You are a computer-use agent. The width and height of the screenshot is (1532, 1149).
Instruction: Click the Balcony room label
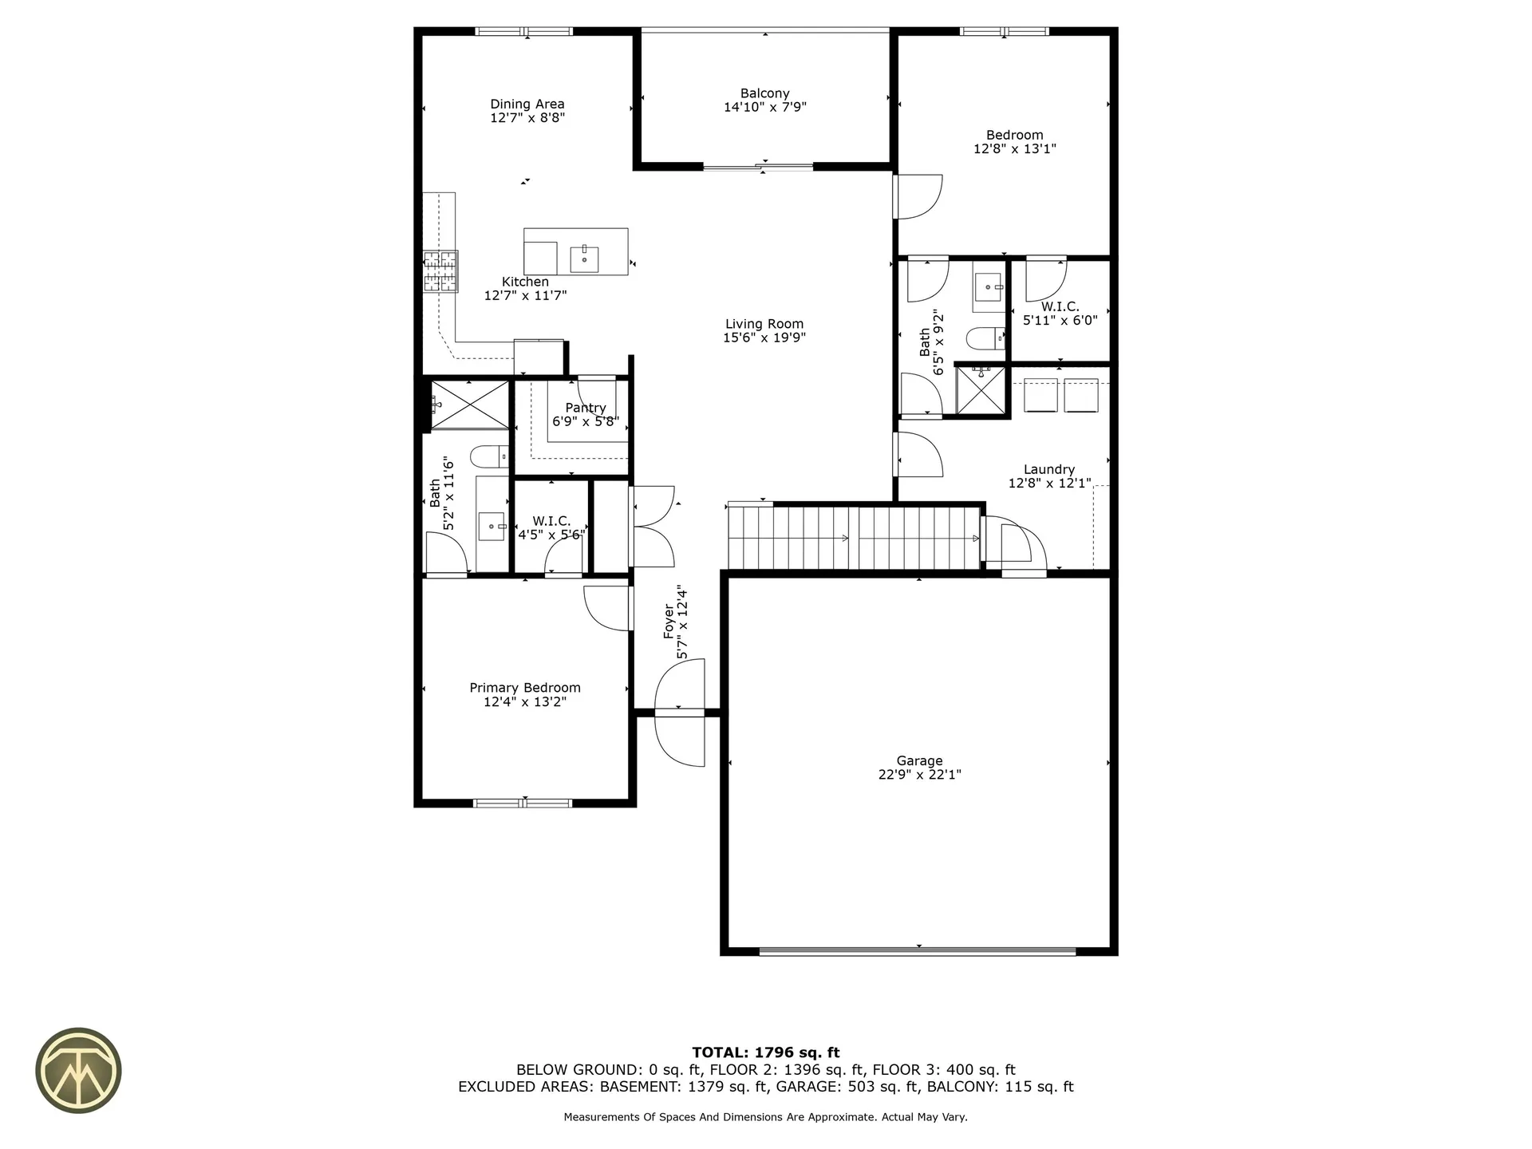(764, 93)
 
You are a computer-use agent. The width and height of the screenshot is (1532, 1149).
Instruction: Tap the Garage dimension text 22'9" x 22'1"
(919, 775)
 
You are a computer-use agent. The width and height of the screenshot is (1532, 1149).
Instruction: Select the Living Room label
(764, 324)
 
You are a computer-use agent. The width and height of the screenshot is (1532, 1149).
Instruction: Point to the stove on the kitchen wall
(440, 271)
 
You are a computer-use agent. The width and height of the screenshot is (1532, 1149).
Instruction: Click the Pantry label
(586, 408)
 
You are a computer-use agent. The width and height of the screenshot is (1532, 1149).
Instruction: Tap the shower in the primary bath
(469, 405)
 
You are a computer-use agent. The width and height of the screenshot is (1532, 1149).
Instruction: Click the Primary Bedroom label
(524, 688)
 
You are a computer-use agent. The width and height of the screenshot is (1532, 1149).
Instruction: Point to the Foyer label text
(669, 622)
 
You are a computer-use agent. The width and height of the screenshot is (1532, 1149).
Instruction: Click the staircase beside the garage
(854, 539)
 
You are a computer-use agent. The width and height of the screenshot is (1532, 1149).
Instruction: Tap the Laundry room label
(1048, 470)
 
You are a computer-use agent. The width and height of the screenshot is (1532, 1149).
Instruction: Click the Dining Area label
(527, 104)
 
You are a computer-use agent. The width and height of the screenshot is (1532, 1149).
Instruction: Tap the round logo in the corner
(78, 1070)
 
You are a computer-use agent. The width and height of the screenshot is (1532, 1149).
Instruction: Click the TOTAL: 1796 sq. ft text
(765, 1052)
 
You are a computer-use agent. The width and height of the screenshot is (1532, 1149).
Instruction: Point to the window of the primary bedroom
(523, 803)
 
